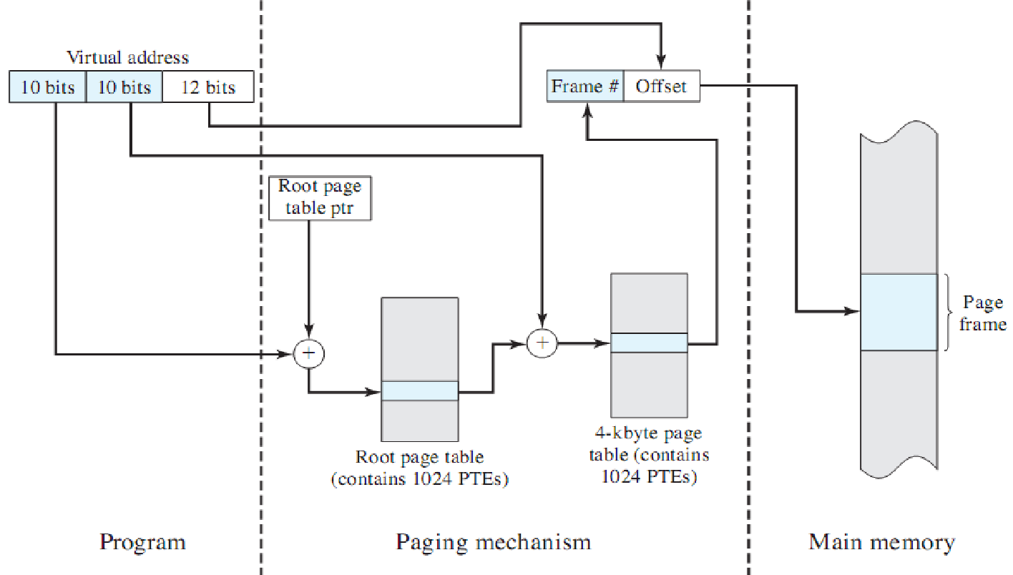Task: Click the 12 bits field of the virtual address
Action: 208,87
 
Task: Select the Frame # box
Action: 585,87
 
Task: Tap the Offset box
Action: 661,87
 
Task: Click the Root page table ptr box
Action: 320,197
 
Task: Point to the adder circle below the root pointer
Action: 309,353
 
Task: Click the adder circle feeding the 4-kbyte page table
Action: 542,343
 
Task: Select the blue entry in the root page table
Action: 420,391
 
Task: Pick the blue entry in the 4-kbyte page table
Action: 649,343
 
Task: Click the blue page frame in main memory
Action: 899,312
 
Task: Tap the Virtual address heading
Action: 128,57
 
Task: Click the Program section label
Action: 142,541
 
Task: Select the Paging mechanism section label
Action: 494,541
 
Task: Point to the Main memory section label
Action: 881,541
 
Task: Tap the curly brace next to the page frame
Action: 949,313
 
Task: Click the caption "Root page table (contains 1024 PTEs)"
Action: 420,468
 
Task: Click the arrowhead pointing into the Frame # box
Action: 587,109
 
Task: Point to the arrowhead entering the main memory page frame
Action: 853,312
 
